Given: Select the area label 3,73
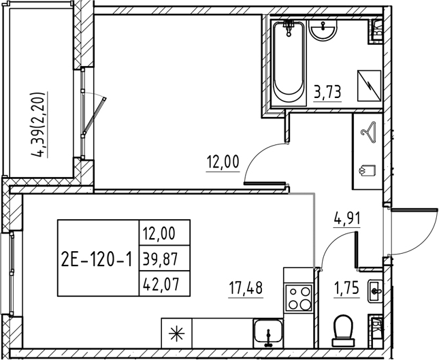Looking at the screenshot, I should (327, 90).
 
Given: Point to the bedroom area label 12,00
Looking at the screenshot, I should (223, 162).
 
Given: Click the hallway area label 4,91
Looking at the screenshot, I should (346, 219).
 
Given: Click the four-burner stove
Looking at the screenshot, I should (297, 297).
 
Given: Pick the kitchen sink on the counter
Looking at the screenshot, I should (270, 333).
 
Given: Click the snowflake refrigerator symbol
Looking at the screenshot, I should (176, 333).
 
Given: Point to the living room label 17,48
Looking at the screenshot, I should (246, 287).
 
